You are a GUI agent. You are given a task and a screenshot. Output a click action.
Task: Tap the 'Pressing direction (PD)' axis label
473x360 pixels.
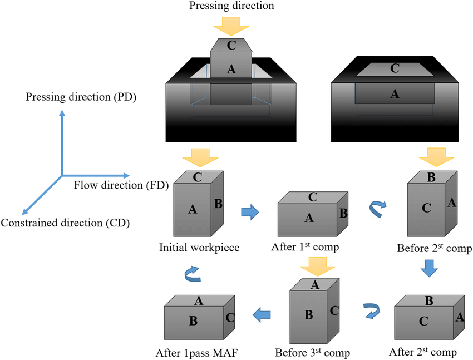coord(81,98)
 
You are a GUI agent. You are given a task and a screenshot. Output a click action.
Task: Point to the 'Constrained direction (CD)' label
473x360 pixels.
coord(65,223)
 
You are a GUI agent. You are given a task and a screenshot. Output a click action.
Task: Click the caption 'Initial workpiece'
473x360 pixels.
coord(199,248)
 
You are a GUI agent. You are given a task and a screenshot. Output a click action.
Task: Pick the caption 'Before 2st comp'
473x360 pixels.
coord(434,248)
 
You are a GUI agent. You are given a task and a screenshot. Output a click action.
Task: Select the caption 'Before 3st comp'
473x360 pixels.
coord(312,352)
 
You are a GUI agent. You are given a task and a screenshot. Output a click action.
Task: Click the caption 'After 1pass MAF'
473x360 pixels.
coord(199,352)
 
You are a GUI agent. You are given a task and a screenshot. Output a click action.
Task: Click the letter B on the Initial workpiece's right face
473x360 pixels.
coord(218,204)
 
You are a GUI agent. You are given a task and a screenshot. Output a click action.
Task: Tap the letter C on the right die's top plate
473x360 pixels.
coord(395,68)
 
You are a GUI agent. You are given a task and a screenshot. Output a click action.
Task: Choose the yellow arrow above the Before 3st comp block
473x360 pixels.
coord(312,265)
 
